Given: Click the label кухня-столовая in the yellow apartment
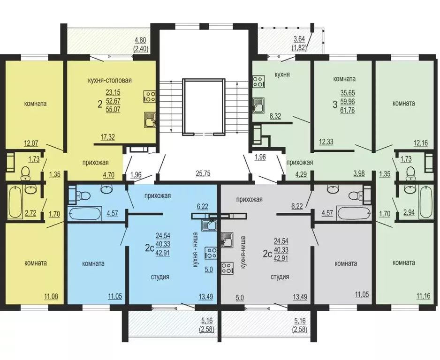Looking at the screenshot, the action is coord(110,81).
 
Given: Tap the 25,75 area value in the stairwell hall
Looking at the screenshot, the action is coord(203,174).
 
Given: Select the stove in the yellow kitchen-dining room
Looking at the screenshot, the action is coord(149,97).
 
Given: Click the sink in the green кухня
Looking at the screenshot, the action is coord(258,105).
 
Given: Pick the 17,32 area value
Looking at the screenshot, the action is coord(108,137).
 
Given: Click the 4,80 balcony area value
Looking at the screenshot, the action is coord(140,40).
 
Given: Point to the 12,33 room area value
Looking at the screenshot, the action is coord(326,142).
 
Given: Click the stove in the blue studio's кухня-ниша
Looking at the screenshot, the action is coord(211,253).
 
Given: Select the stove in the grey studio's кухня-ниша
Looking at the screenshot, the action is coord(228,268).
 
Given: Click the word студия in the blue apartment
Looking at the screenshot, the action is coord(160,277).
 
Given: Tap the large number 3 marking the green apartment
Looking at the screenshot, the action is coord(334,105).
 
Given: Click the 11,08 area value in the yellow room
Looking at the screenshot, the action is coord(51,296).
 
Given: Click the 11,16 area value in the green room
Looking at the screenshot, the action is coord(423,296).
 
